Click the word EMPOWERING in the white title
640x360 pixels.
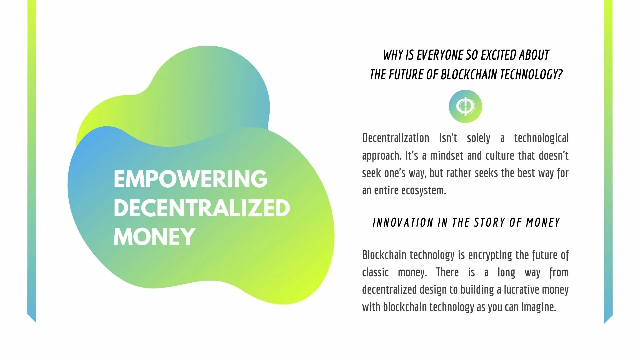190,179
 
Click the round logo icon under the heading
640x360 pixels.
465,106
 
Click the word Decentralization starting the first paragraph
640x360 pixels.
396,138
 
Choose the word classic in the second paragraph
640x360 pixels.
375,272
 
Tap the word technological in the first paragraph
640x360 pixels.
541,138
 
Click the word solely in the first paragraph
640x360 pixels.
479,138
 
